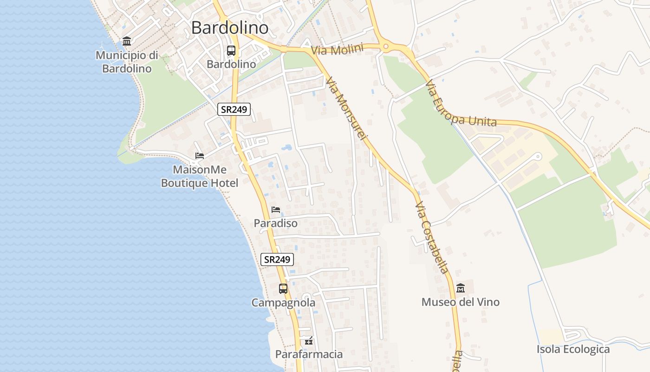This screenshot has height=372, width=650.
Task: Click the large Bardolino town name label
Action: pyautogui.click(x=230, y=28)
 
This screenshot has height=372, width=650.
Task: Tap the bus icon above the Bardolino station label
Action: pyautogui.click(x=231, y=51)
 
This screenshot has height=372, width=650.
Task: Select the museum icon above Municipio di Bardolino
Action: pyautogui.click(x=127, y=41)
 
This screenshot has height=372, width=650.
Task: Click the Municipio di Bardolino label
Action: pyautogui.click(x=127, y=62)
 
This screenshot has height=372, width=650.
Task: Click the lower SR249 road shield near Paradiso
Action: pyautogui.click(x=277, y=259)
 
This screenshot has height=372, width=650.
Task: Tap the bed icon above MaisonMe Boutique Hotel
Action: pyautogui.click(x=200, y=156)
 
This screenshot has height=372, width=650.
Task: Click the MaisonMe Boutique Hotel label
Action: pyautogui.click(x=200, y=176)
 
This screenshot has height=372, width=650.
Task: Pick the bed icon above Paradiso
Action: pyautogui.click(x=276, y=210)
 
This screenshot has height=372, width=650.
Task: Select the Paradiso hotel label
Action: pyautogui.click(x=276, y=223)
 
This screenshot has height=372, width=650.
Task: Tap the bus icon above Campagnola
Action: pyautogui.click(x=283, y=289)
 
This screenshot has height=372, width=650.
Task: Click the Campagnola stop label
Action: pyautogui.click(x=283, y=303)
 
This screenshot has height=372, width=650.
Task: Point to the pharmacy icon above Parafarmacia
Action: pyautogui.click(x=309, y=341)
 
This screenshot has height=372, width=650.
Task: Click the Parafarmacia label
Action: pyautogui.click(x=309, y=354)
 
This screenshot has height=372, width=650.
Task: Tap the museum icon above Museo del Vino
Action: pyautogui.click(x=461, y=288)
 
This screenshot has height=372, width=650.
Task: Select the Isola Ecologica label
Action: pyautogui.click(x=573, y=349)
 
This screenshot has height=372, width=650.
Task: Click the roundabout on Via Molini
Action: pyautogui.click(x=385, y=46)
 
